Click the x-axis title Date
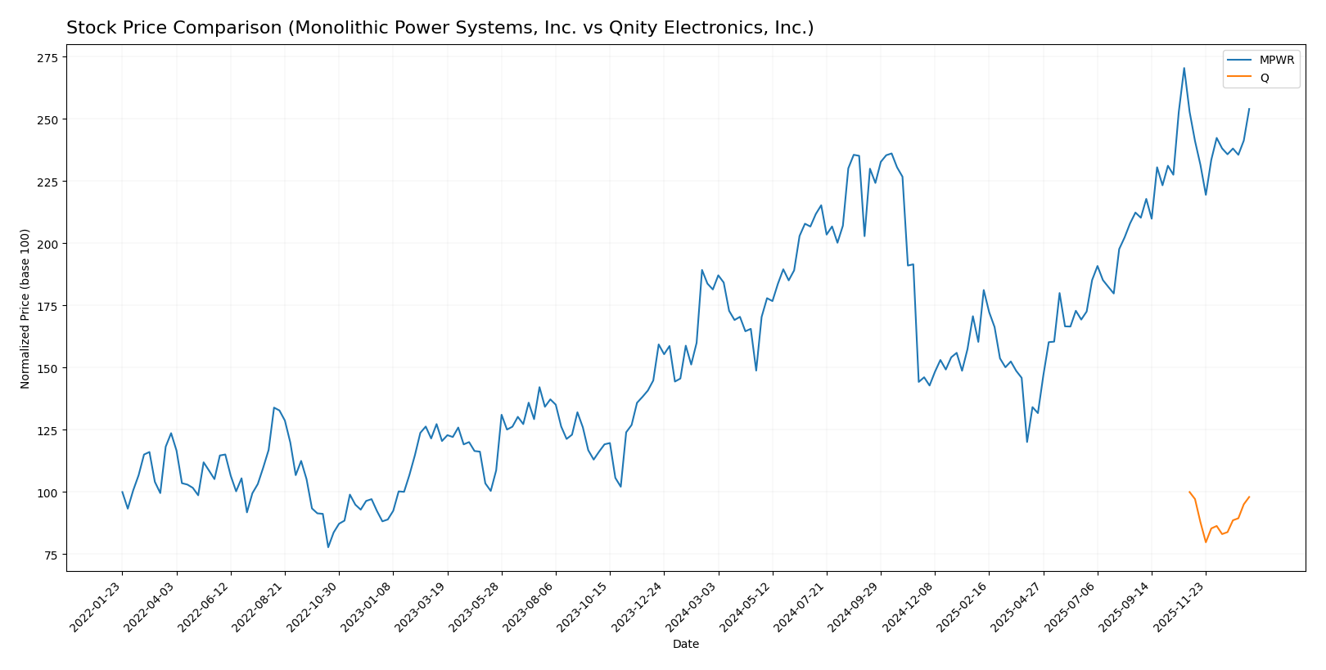coord(686,645)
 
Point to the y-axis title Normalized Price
coord(25,308)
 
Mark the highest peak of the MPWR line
coord(1184,68)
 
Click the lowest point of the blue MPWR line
coord(328,547)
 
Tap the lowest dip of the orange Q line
coord(1206,542)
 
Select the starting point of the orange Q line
coord(1189,492)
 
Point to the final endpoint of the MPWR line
coord(1249,109)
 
